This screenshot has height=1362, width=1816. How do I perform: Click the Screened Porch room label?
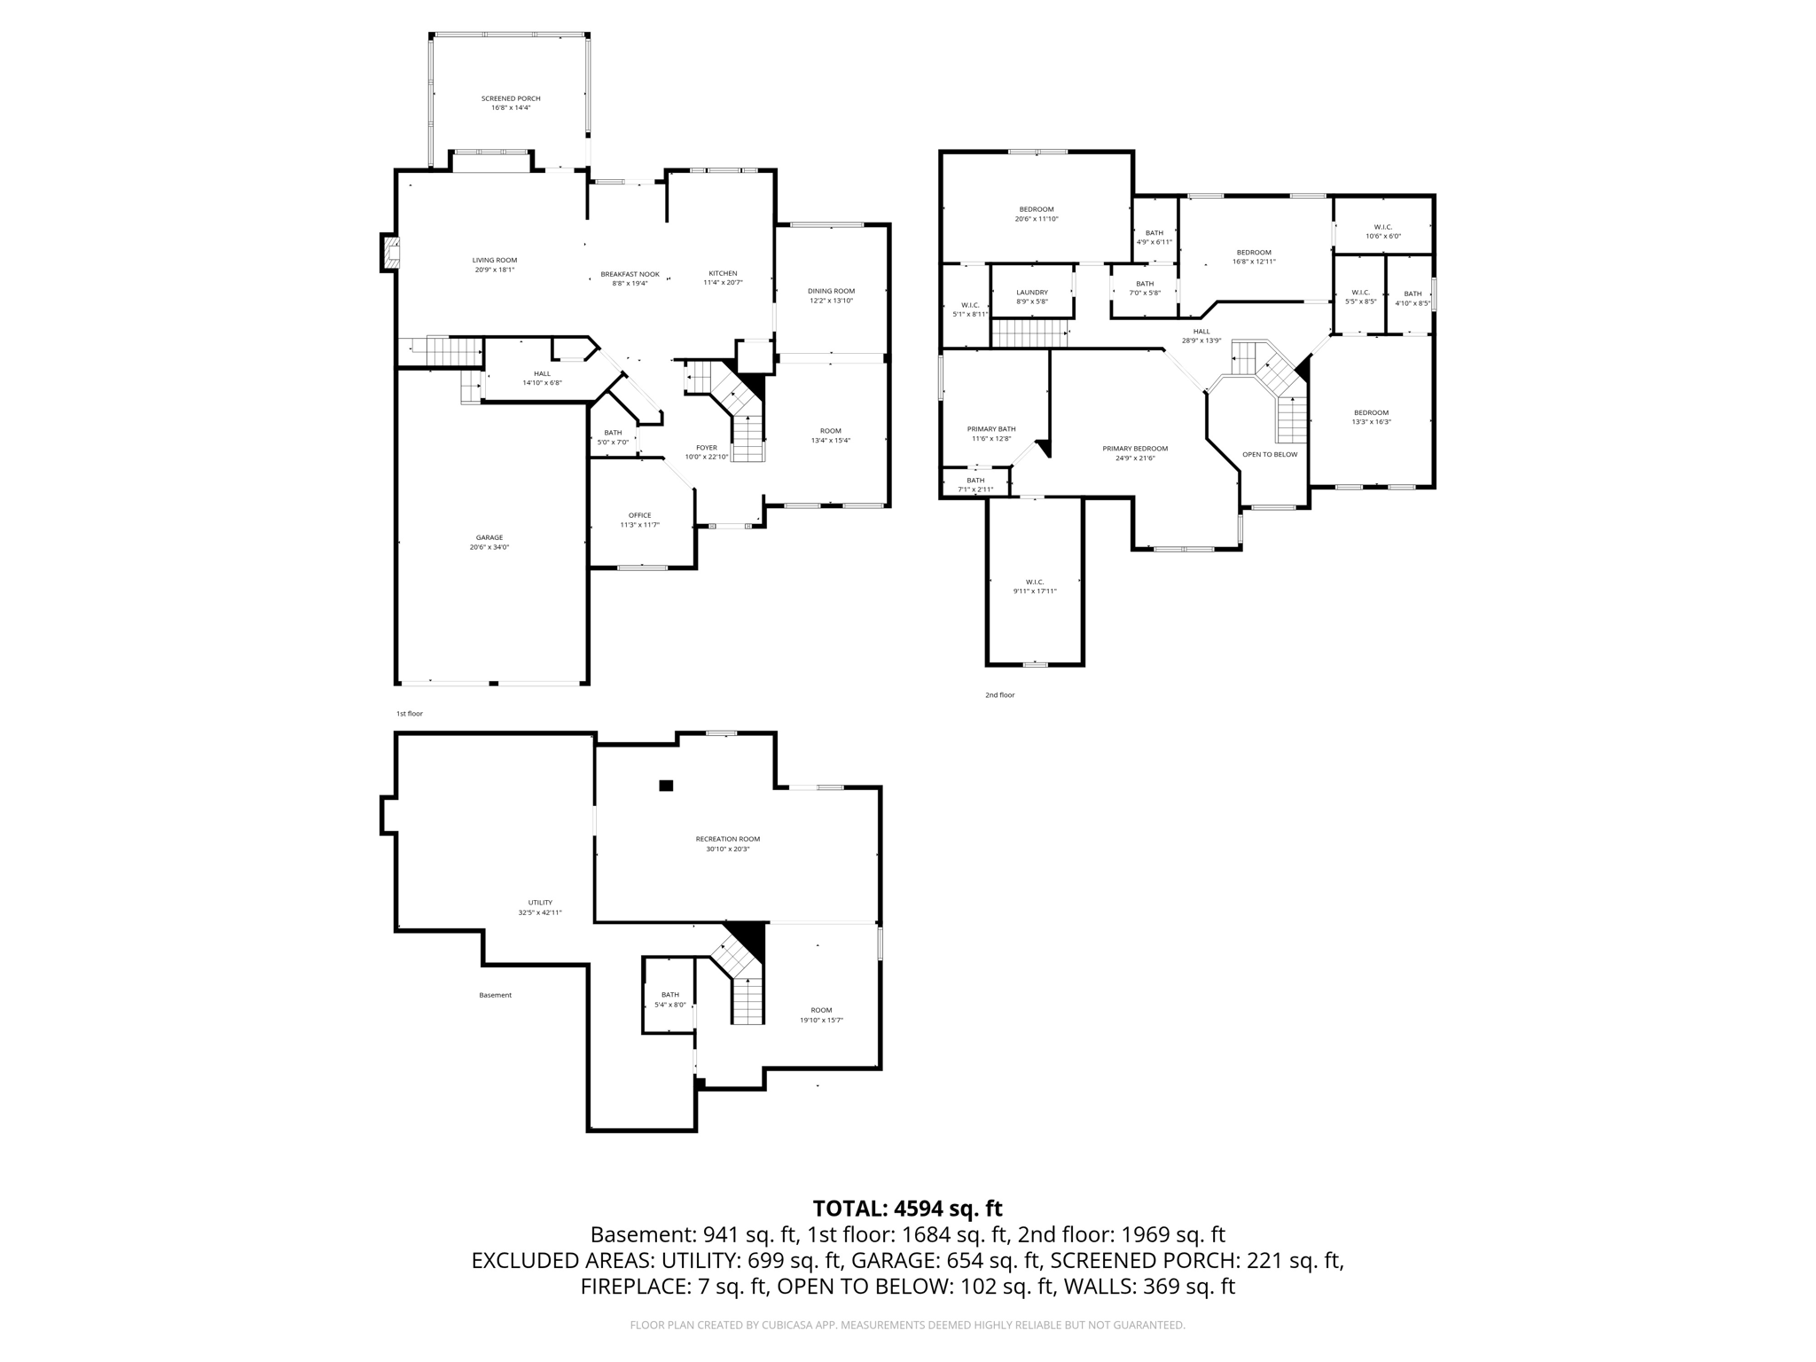[511, 98]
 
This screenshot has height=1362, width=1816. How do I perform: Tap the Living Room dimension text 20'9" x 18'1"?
[494, 270]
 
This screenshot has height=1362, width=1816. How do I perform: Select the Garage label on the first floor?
[489, 537]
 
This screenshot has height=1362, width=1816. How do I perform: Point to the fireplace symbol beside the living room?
[390, 253]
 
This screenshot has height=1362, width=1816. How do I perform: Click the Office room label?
[639, 515]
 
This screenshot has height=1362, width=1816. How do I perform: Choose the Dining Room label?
[831, 291]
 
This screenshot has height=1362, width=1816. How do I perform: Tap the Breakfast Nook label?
[630, 274]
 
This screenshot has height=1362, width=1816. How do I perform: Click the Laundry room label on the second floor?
[1032, 292]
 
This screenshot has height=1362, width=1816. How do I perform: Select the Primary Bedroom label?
[1135, 449]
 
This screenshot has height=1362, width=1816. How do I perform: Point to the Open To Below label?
[1269, 454]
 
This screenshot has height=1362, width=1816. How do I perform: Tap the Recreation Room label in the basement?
[727, 839]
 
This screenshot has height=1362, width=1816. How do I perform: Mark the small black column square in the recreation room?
[666, 785]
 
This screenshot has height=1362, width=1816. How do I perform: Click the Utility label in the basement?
[540, 903]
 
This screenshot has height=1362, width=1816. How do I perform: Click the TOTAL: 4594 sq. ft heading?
[907, 1209]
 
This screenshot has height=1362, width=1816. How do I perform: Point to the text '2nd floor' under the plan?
[999, 695]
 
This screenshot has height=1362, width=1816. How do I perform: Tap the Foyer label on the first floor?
[706, 448]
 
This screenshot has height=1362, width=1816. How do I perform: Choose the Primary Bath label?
[991, 429]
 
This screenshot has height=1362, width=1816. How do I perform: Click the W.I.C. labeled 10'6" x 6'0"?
[1382, 227]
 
